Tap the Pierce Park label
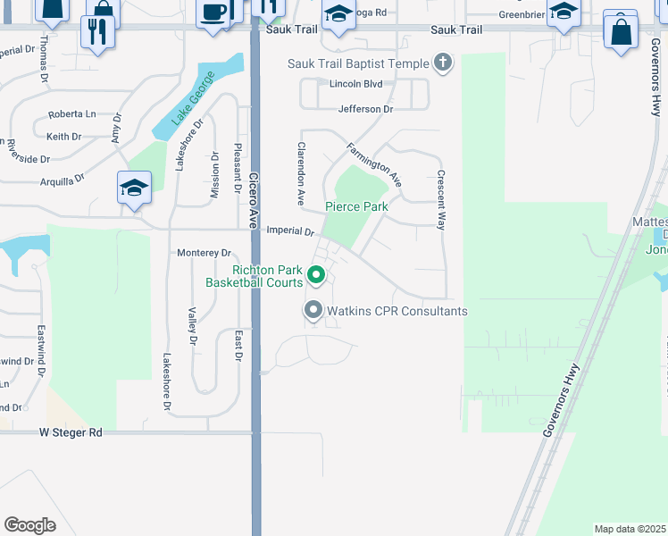click(355, 206)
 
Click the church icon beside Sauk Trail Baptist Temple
click(441, 63)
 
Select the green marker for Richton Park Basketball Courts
click(314, 274)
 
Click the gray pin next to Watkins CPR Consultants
click(313, 311)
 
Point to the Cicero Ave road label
click(255, 200)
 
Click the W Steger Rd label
click(71, 432)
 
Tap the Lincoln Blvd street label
click(355, 84)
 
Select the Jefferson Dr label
click(365, 109)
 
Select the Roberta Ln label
click(72, 114)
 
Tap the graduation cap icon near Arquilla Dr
click(134, 188)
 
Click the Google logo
click(30, 525)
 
